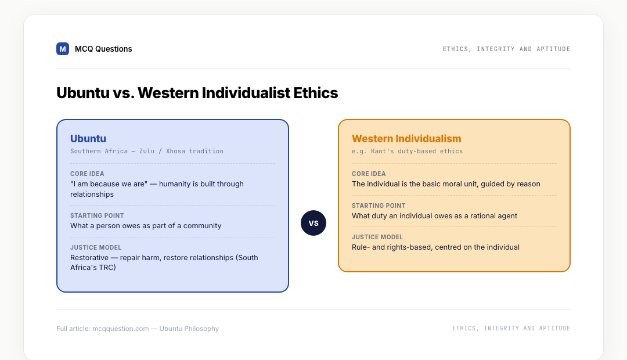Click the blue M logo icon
click(62, 49)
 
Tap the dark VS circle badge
click(313, 223)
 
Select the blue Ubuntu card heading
click(88, 138)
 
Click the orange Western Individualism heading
click(406, 138)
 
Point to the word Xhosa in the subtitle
click(175, 151)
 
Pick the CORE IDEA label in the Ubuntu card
click(87, 174)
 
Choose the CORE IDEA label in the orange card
click(369, 174)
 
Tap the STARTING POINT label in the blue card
click(97, 215)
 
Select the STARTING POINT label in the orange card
click(379, 206)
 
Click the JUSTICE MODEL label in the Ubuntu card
click(96, 247)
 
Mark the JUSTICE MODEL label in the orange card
click(377, 237)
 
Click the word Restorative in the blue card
click(89, 258)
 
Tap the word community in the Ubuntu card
click(202, 226)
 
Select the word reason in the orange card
click(528, 184)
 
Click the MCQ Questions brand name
click(103, 49)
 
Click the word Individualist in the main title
click(246, 93)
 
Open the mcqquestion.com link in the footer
click(120, 329)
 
